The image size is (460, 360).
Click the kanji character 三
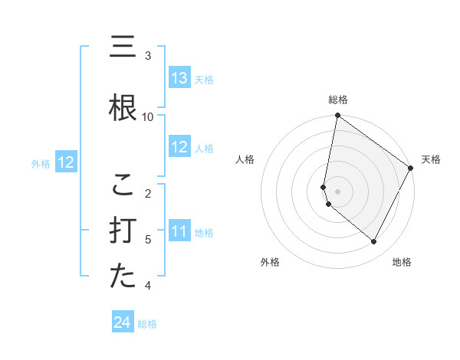tap(123, 47)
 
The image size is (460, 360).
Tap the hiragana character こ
tap(123, 185)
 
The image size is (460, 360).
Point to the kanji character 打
tap(123, 231)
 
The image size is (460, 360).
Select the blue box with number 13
tap(179, 78)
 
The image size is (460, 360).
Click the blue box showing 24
tap(123, 323)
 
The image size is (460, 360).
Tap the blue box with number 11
tap(179, 231)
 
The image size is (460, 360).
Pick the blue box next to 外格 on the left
tap(66, 162)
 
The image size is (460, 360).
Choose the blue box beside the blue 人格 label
tap(179, 147)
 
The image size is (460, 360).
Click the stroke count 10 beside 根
tap(148, 116)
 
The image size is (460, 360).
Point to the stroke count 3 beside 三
tap(148, 56)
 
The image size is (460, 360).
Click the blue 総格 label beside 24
tap(147, 324)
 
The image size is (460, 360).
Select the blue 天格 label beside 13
tap(203, 79)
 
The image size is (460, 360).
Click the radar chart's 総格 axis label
tap(338, 100)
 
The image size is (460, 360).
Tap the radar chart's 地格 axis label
tap(402, 262)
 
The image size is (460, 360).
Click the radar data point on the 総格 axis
tap(338, 116)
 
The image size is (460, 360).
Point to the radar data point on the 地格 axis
tap(374, 242)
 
